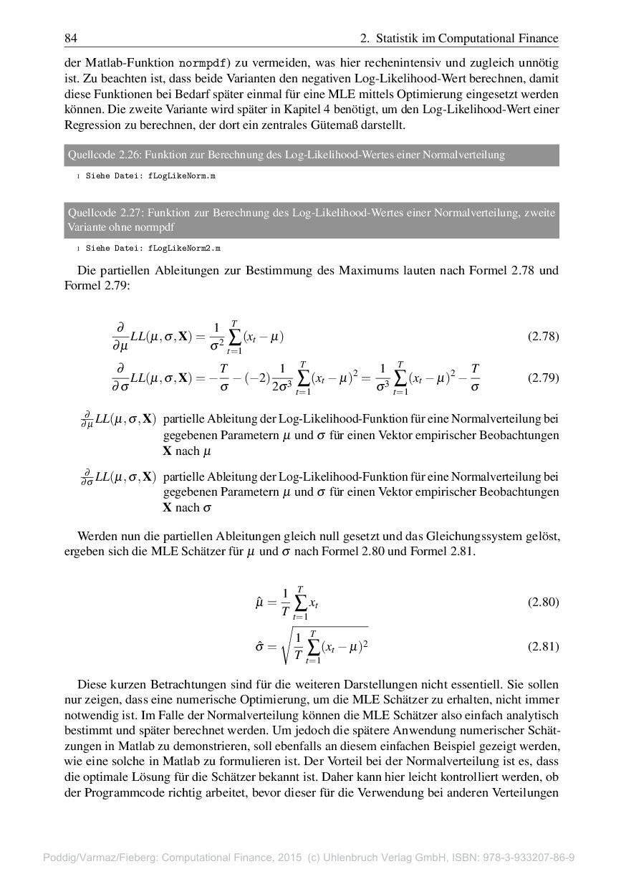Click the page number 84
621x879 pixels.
(x=71, y=38)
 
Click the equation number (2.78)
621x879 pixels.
(x=543, y=337)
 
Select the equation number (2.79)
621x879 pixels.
(x=543, y=378)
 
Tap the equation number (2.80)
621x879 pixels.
(x=543, y=602)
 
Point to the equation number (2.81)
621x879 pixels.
(x=543, y=646)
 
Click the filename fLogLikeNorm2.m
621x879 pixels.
(x=184, y=248)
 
